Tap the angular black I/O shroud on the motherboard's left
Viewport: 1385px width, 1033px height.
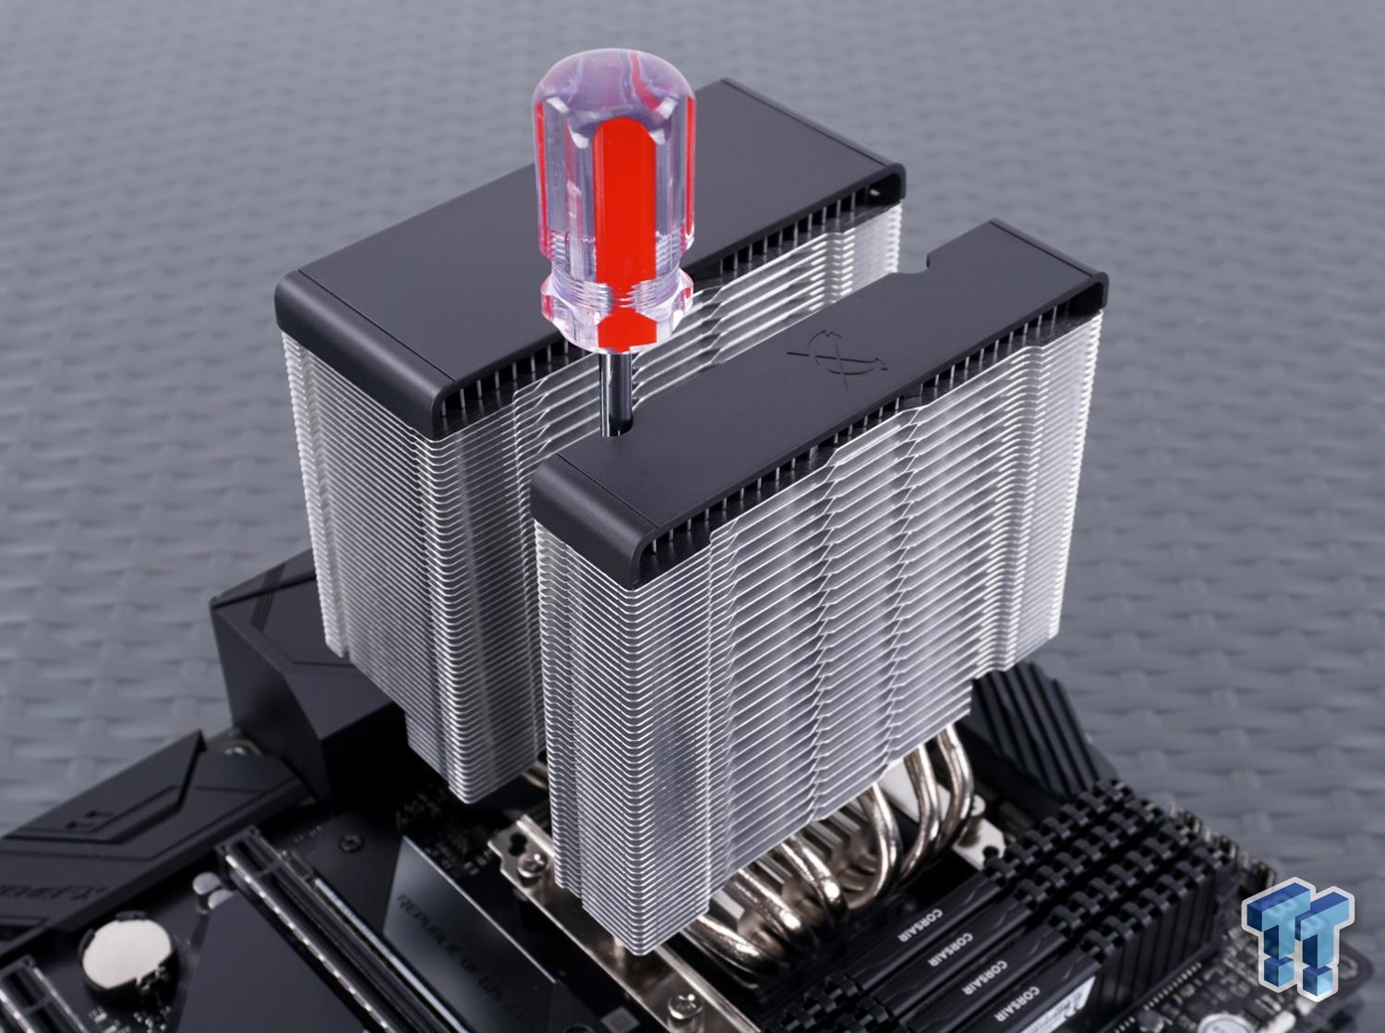(268, 647)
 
